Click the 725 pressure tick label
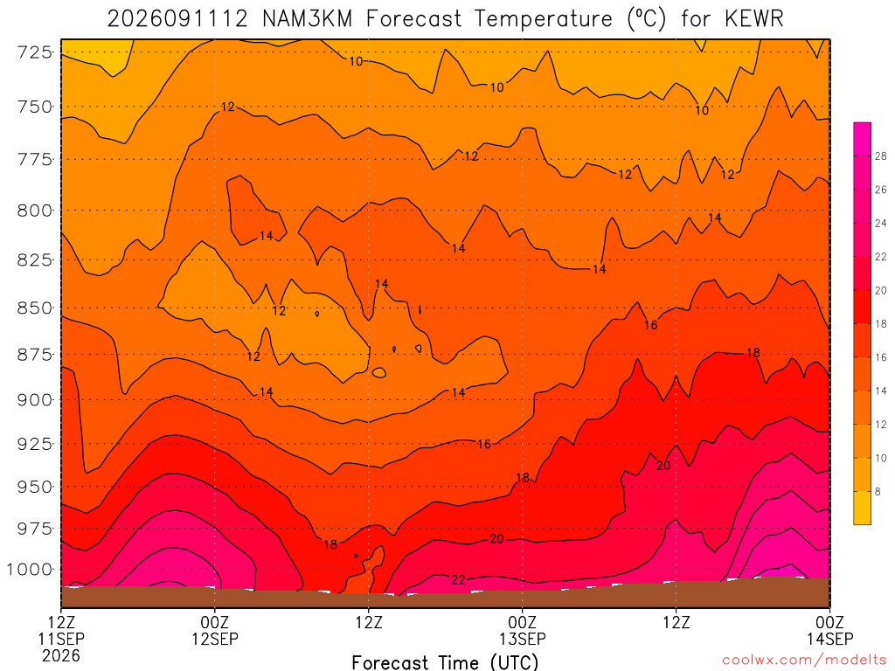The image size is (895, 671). pos(35,52)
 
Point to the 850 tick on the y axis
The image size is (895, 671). pos(35,308)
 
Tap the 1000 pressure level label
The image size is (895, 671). pos(30,570)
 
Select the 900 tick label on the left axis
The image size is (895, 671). pos(35,400)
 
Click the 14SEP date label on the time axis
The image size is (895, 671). pos(830,639)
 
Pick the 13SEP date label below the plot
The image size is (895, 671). pos(523,639)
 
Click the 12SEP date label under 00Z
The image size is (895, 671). pos(215,639)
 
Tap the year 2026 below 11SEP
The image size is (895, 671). pos(61,655)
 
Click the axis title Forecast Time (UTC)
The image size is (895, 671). pos(445,662)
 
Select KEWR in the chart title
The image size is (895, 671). pos(754,19)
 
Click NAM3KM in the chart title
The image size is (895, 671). pos(307,19)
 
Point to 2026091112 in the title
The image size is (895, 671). pos(177,19)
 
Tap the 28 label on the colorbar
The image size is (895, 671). pos(880,156)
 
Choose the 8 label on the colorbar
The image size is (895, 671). pos(878,491)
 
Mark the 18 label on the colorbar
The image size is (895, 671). pos(880,323)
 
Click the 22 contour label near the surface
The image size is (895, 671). pos(458,580)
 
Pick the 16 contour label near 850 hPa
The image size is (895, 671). pos(650,325)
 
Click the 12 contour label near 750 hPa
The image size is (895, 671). pos(228,107)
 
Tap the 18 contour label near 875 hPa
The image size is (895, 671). pos(753,353)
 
